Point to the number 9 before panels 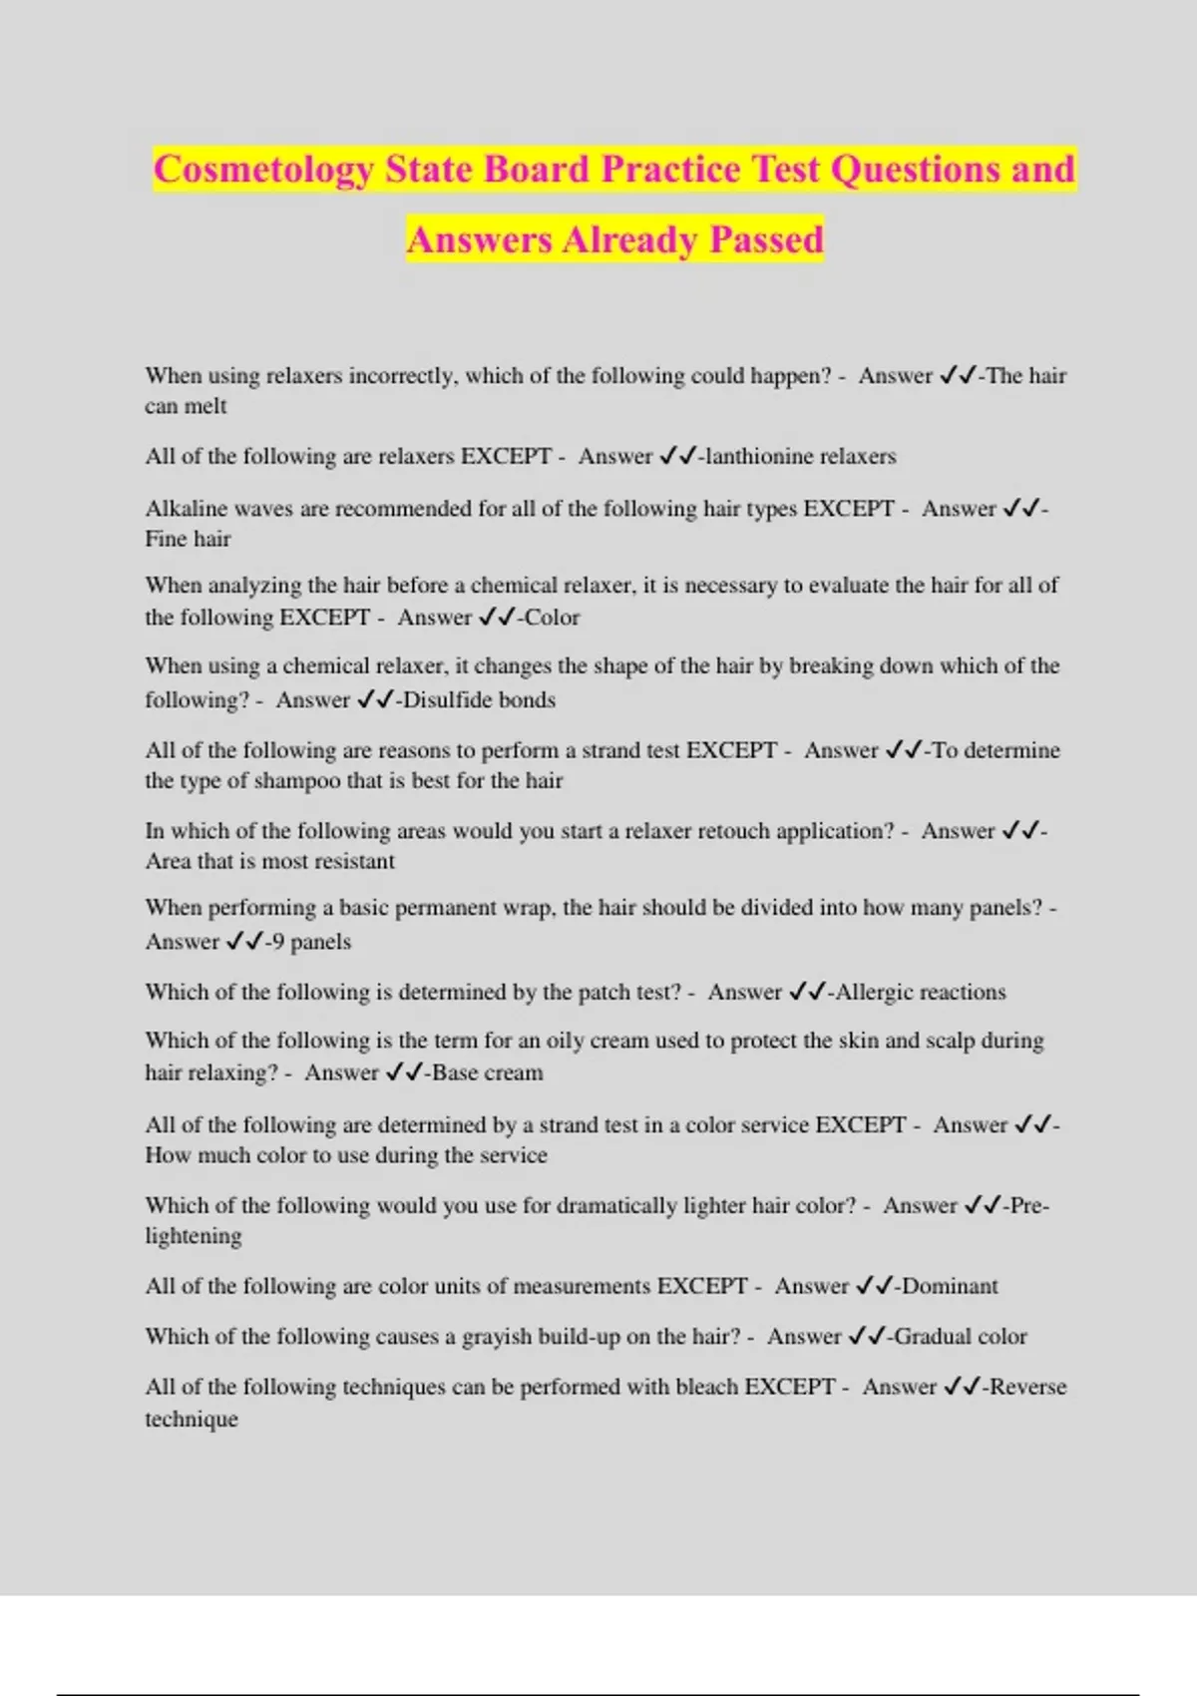point(277,942)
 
